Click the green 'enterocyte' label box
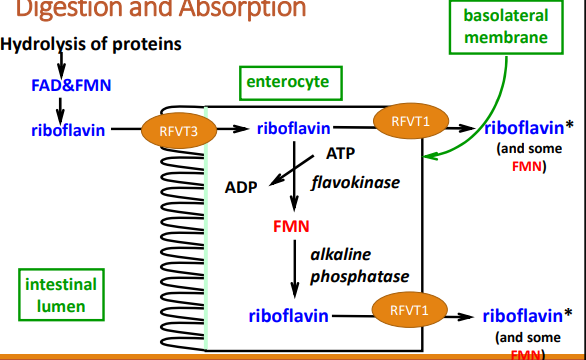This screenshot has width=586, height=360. pyautogui.click(x=282, y=83)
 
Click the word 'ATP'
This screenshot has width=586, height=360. pyautogui.click(x=340, y=153)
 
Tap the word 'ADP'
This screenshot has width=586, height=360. pyautogui.click(x=241, y=186)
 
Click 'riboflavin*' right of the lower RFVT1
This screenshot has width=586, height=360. pyautogui.click(x=527, y=315)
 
